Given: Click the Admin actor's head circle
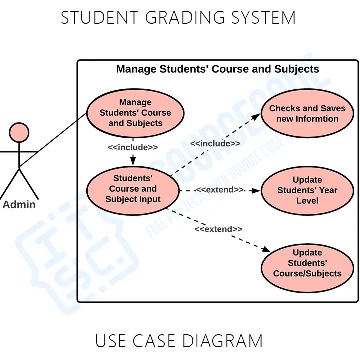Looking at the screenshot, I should (x=19, y=132).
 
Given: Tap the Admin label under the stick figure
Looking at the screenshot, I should (x=19, y=204).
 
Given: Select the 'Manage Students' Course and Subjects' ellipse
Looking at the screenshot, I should (x=135, y=113).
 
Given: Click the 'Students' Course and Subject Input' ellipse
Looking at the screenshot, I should (x=133, y=189).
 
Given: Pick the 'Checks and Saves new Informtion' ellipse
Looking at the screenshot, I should (x=307, y=114).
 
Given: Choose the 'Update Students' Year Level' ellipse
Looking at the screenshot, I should (x=307, y=190).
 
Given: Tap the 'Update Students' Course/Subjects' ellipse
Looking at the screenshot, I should (x=307, y=263).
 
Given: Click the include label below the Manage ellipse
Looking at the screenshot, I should (x=133, y=147).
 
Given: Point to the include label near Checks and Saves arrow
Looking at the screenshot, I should (x=215, y=144).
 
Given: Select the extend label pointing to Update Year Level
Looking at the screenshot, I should (x=220, y=190).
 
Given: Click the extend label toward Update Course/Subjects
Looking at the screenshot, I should (x=218, y=229).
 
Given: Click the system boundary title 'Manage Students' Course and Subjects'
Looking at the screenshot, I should (x=217, y=69).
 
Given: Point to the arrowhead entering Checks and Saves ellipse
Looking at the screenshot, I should (x=257, y=116).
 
